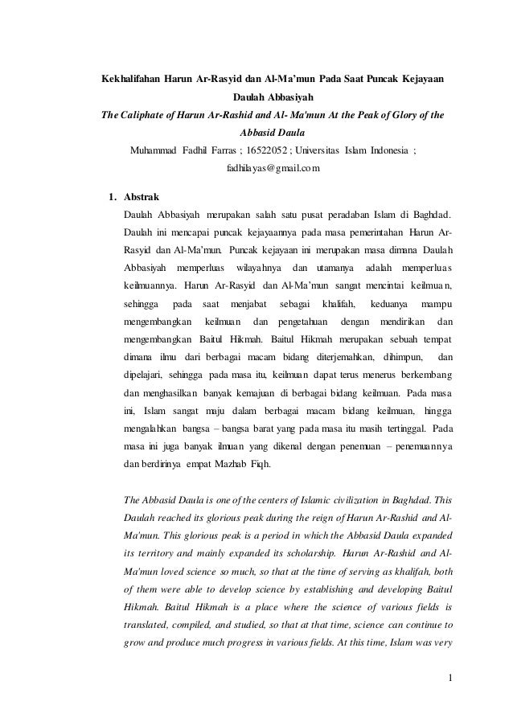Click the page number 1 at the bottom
[452, 686]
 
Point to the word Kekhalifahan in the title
[129, 81]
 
